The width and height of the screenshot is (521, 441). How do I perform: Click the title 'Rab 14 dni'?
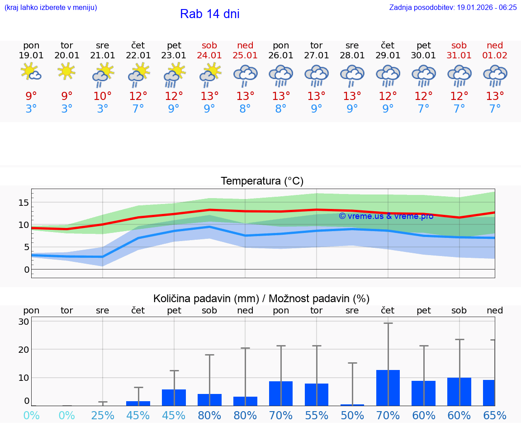(209, 14)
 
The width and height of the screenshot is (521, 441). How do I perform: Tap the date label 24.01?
(209, 55)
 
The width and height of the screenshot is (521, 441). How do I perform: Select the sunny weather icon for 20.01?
(66, 71)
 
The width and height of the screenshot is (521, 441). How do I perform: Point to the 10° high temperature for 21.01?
(103, 96)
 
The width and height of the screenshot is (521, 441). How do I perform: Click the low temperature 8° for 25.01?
(245, 109)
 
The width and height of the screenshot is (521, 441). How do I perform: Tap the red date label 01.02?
(495, 55)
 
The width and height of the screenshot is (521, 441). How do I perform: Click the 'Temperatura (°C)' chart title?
(262, 181)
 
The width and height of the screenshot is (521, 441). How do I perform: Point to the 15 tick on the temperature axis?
(24, 203)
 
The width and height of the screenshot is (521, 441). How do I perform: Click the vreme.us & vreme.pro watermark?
(386, 216)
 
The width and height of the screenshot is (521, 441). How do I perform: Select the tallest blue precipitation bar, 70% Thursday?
(388, 388)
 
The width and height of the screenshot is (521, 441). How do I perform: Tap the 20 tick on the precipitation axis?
(24, 350)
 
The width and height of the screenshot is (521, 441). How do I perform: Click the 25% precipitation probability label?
(103, 415)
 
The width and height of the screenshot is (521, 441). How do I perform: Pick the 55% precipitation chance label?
(317, 415)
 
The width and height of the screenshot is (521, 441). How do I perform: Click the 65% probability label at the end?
(495, 415)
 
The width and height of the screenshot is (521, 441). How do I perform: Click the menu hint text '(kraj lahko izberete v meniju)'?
(51, 8)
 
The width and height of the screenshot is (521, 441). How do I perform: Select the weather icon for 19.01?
(31, 71)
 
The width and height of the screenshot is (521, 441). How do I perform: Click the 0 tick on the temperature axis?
(26, 270)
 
